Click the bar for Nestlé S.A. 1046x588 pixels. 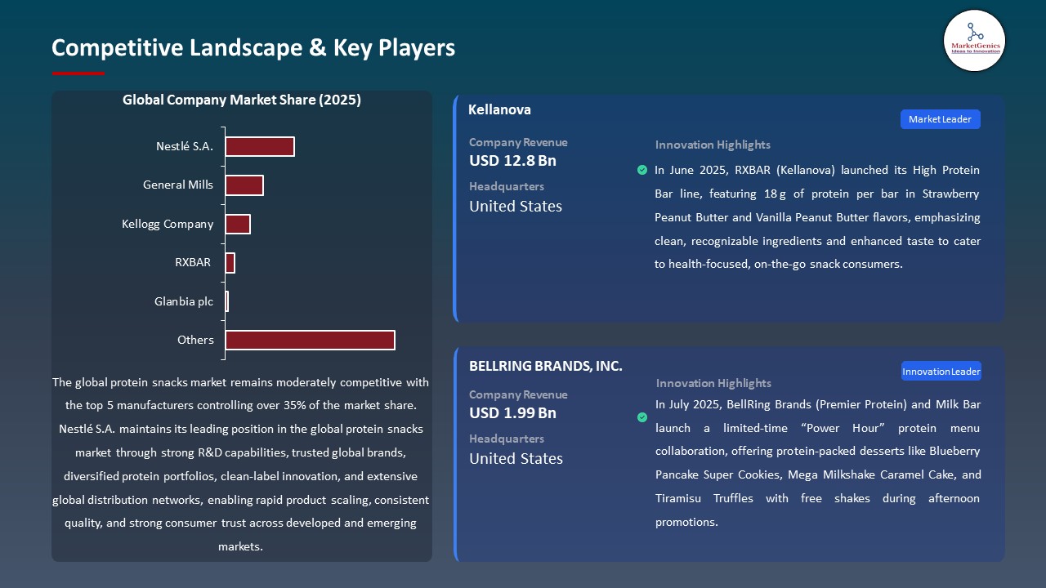(x=260, y=146)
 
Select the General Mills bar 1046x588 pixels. (x=244, y=185)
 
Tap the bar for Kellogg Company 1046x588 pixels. (x=238, y=224)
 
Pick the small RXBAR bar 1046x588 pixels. (x=230, y=263)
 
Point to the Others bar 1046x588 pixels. (x=311, y=340)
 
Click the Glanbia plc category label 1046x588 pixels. (x=184, y=301)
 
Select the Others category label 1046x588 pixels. (x=196, y=340)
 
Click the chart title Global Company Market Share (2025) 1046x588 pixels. (x=242, y=100)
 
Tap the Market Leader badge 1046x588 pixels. (x=940, y=119)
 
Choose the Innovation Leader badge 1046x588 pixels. (x=941, y=372)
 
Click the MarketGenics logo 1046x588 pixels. (x=974, y=40)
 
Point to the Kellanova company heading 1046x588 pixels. (x=499, y=109)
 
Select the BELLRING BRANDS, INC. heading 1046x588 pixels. (x=546, y=366)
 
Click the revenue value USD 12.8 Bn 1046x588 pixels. (x=512, y=161)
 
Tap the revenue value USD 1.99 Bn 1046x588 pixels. (x=512, y=413)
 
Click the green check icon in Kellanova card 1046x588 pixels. (x=642, y=170)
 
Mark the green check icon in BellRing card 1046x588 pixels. (x=642, y=417)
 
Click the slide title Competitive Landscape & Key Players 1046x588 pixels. (x=253, y=47)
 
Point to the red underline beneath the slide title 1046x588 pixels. (x=78, y=73)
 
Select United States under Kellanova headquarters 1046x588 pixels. (x=516, y=207)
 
